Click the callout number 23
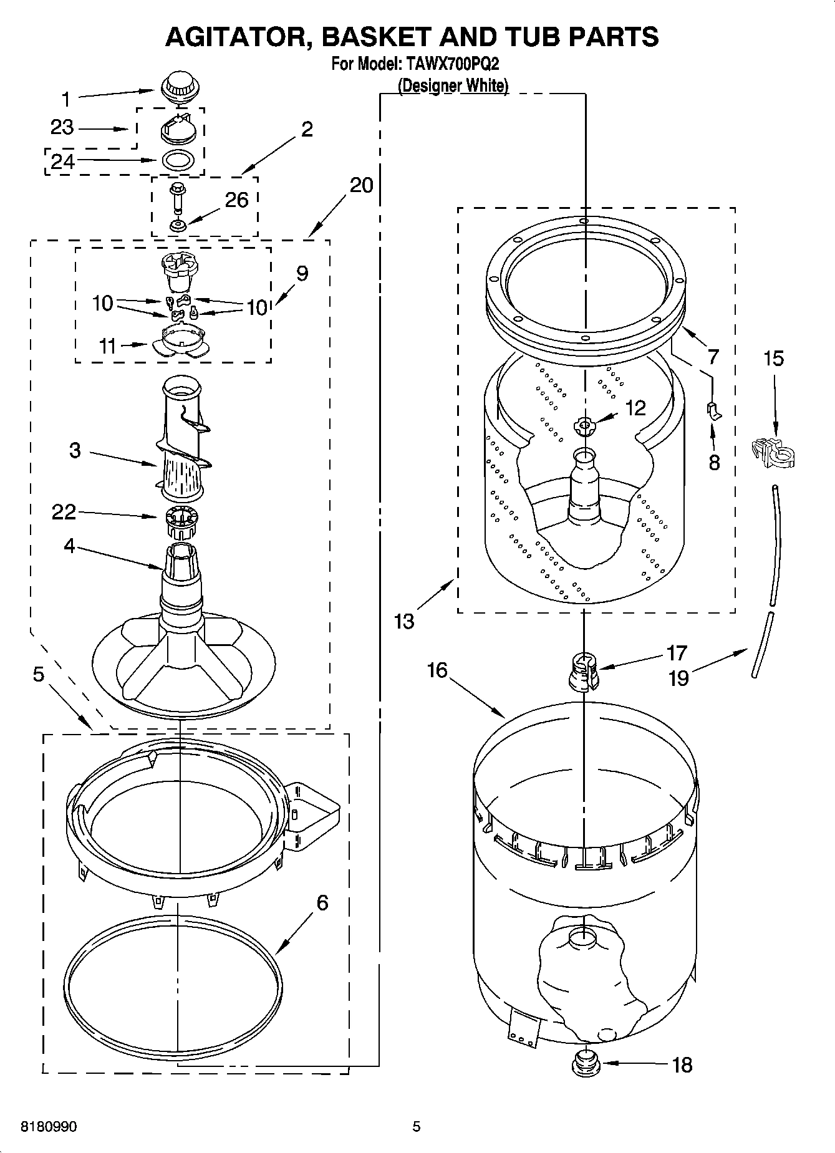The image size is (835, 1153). [x=62, y=127]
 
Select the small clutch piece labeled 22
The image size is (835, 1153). [x=181, y=521]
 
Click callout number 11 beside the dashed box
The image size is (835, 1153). [x=108, y=345]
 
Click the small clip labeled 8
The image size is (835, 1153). [x=714, y=410]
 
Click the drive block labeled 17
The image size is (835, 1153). [x=584, y=671]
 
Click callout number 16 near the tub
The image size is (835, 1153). [x=437, y=670]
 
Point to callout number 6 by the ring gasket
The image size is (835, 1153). [x=322, y=902]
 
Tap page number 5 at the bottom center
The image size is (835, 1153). [x=417, y=1126]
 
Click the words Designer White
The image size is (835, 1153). [x=453, y=85]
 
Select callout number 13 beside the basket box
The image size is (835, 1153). [x=404, y=621]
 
